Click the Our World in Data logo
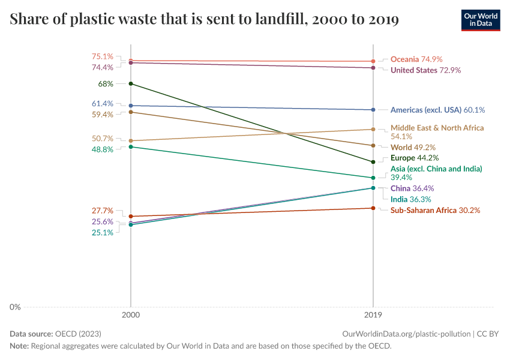click(x=480, y=20)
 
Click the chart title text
click(x=205, y=20)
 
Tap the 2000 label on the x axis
click(x=131, y=314)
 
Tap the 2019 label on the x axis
click(x=373, y=314)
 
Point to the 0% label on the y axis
click(x=15, y=307)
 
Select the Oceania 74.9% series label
click(x=416, y=59)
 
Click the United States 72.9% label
click(x=425, y=70)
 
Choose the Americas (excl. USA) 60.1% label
click(x=437, y=110)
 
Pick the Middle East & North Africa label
click(x=437, y=128)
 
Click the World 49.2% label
click(x=413, y=147)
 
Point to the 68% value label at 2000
click(x=106, y=84)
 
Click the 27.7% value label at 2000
click(x=103, y=211)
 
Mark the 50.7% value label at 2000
click(x=103, y=138)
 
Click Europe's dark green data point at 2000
click(x=131, y=83)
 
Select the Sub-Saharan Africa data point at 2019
click(x=373, y=208)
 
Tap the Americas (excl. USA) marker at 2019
click(x=373, y=110)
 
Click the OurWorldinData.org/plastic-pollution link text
click(x=406, y=334)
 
